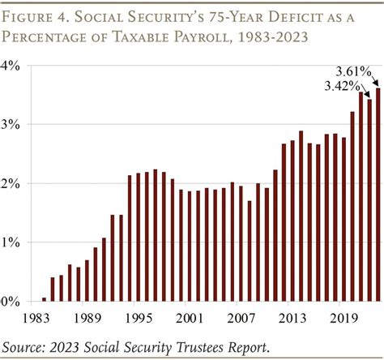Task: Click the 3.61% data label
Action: click(354, 72)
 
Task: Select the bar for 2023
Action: click(378, 195)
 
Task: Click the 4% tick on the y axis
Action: click(15, 66)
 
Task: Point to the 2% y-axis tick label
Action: click(15, 184)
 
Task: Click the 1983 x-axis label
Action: click(36, 318)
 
